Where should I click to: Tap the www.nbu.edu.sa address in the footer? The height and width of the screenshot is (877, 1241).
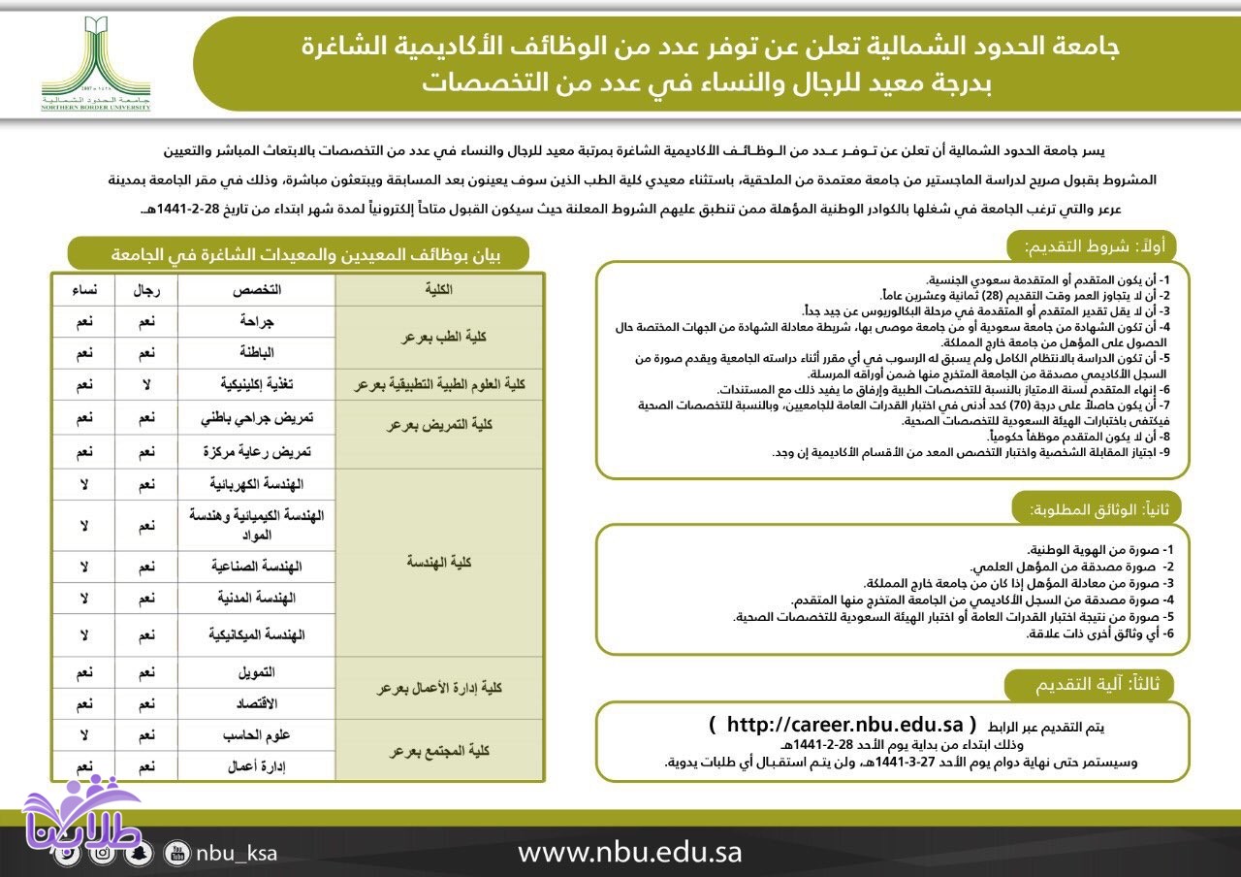click(629, 853)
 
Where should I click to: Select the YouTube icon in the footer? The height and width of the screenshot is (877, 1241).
click(176, 854)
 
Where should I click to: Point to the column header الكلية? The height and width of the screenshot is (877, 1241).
click(438, 290)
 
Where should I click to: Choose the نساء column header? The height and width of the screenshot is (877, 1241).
click(83, 290)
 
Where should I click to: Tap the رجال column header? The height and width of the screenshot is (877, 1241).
click(146, 290)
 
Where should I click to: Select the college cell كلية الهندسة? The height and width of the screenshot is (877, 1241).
click(438, 563)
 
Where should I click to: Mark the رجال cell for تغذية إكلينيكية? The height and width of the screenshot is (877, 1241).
click(146, 385)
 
